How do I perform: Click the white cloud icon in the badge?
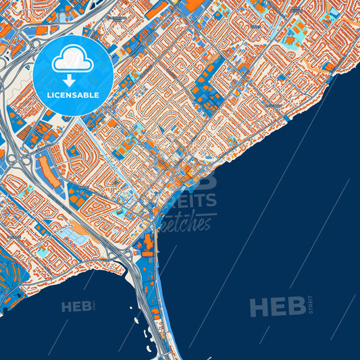point(73,59)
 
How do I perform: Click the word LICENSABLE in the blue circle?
point(73,95)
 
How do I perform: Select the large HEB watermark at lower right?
point(277,307)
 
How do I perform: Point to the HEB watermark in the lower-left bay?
point(77,307)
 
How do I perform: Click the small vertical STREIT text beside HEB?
point(310,305)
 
